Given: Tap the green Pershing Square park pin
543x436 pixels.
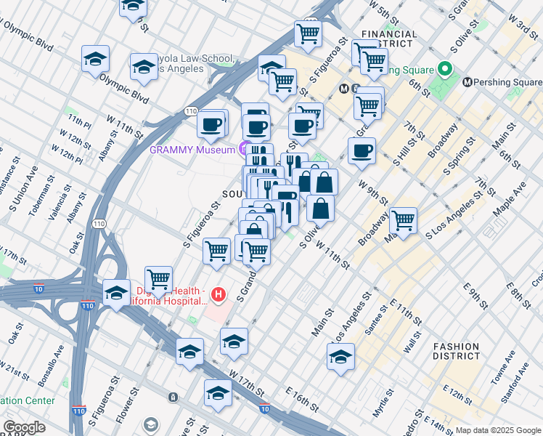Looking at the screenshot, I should pyautogui.click(x=445, y=70).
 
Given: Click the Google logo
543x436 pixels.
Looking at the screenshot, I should pyautogui.click(x=24, y=427).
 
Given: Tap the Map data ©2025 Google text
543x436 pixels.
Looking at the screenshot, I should pyautogui.click(x=498, y=430).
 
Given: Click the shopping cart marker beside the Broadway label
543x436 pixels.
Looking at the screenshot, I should pyautogui.click(x=402, y=219).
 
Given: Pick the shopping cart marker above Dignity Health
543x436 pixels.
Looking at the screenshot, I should pyautogui.click(x=158, y=278).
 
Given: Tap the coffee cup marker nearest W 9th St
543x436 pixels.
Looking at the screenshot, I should pyautogui.click(x=362, y=151).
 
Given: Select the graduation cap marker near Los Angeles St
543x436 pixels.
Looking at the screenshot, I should pyautogui.click(x=340, y=355).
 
